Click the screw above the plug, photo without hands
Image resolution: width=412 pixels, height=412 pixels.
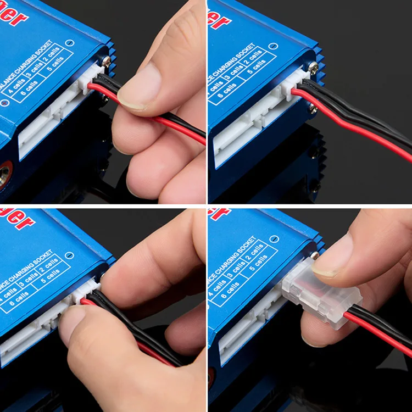point(313,66)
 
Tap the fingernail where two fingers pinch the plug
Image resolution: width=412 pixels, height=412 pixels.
point(72,325)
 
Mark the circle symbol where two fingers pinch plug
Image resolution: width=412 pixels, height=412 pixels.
point(69,254)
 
